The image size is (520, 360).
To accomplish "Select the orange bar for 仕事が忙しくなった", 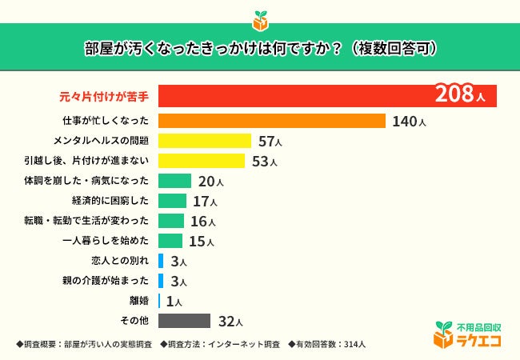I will click(273, 121).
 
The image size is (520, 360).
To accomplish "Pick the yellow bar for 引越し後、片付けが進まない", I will click(201, 161).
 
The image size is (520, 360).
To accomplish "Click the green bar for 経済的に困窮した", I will click(172, 201).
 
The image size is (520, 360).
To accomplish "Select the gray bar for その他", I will click(184, 321).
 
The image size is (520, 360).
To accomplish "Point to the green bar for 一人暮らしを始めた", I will click(171, 241).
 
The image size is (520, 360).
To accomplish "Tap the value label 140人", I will click(408, 122).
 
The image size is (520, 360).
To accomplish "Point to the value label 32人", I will click(230, 322).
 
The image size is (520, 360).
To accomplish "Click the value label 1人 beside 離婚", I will click(174, 302).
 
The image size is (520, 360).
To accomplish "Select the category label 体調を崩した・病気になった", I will click(87, 182).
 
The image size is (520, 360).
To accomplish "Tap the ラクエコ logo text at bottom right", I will click(478, 340).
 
